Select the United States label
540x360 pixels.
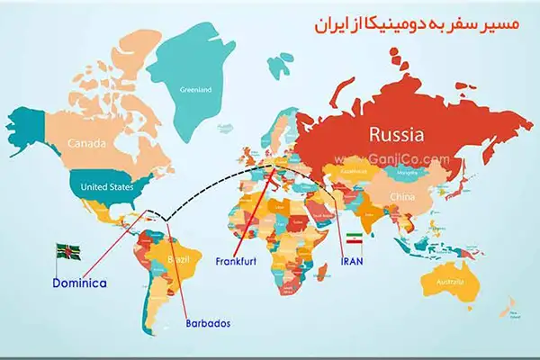click(107, 187)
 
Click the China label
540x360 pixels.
click(401, 196)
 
